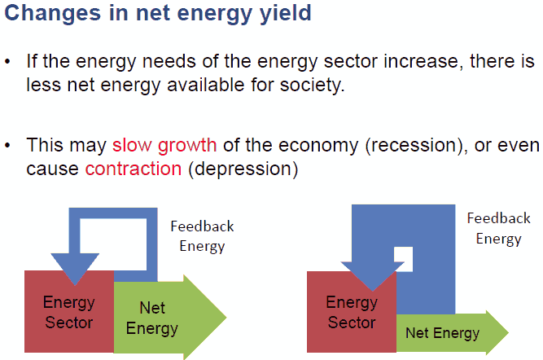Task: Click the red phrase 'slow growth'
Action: click(164, 146)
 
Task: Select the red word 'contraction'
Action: click(131, 169)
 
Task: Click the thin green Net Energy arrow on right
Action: click(444, 333)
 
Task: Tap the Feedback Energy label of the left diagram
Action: click(201, 235)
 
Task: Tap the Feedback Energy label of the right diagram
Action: click(497, 228)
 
